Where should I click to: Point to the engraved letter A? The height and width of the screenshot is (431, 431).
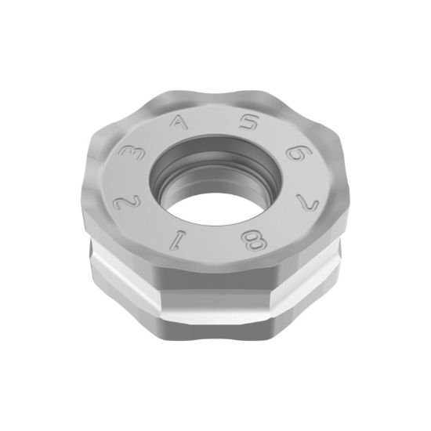(x=180, y=124)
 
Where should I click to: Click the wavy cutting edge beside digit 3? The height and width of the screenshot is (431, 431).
(x=110, y=141)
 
